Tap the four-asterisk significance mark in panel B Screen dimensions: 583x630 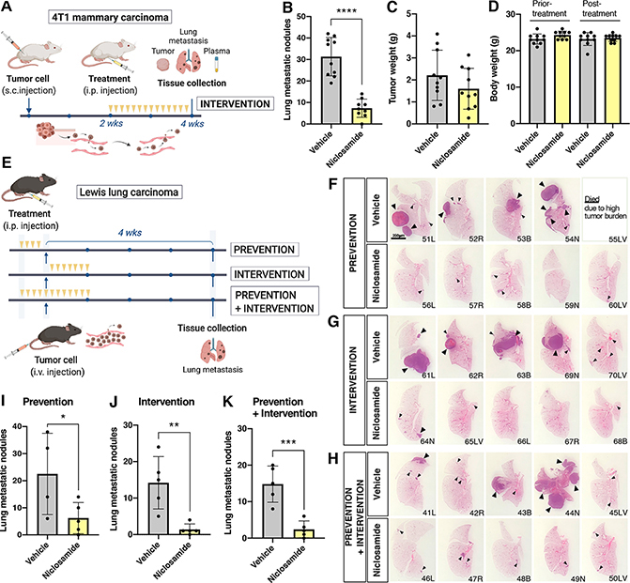click(x=315, y=23)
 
